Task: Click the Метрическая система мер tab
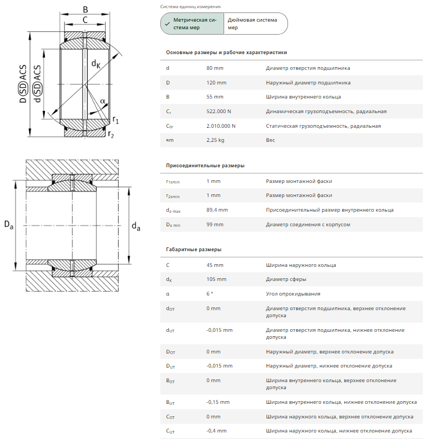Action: (x=192, y=24)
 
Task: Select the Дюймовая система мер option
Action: (x=255, y=24)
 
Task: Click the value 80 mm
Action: (x=215, y=68)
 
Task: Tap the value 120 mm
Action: (x=217, y=83)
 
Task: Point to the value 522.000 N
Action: (x=219, y=112)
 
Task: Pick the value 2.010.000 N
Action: (x=221, y=126)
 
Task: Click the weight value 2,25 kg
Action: (x=215, y=140)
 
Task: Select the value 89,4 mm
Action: (x=217, y=210)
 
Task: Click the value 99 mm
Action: (x=215, y=224)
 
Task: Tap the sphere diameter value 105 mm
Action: (x=217, y=279)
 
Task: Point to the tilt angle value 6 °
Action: (x=210, y=294)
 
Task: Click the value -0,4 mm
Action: (x=217, y=431)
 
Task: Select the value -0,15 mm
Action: (x=218, y=402)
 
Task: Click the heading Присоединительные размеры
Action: (x=205, y=166)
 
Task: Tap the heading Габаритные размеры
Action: (x=193, y=250)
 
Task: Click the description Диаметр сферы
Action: (x=286, y=279)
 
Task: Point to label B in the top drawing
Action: (x=85, y=9)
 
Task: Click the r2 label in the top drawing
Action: (x=110, y=134)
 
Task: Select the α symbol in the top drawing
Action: (x=102, y=101)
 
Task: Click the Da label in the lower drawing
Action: (x=9, y=225)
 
